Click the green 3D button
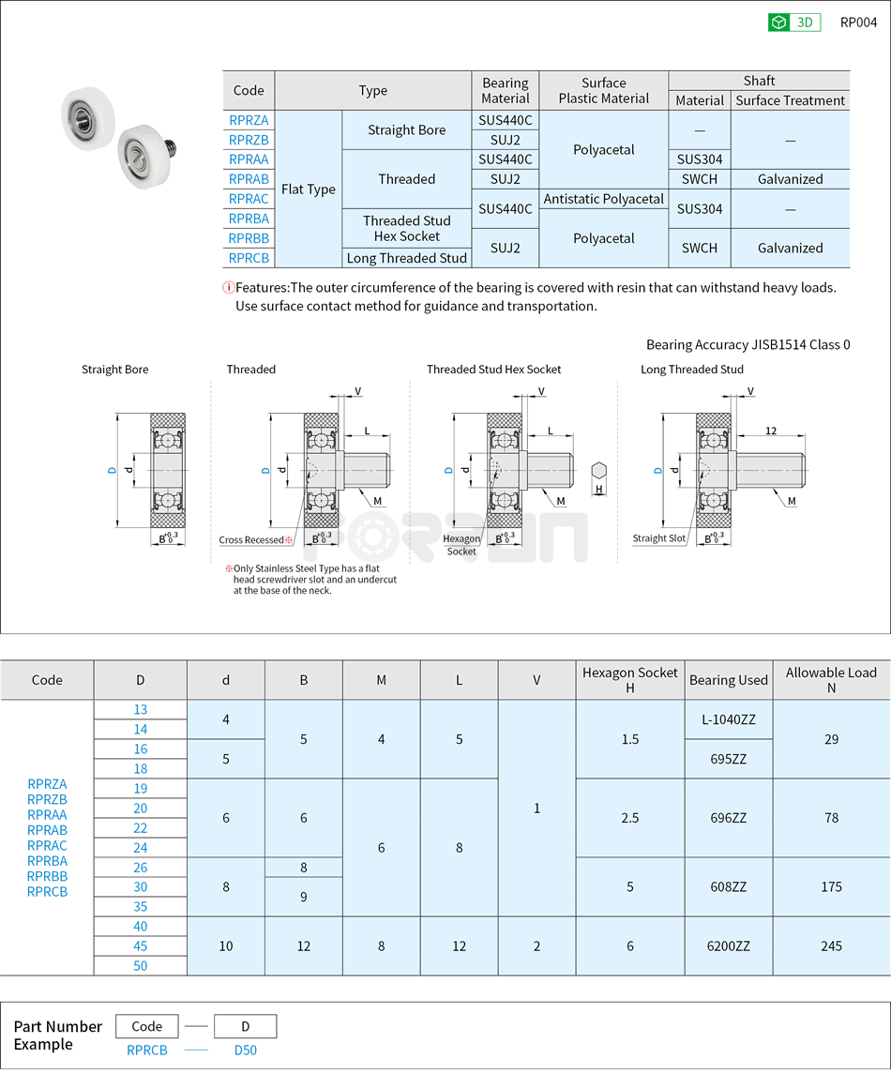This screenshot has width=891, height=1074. [793, 23]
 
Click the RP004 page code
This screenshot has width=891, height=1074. [858, 23]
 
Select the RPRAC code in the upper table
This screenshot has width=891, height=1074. [249, 199]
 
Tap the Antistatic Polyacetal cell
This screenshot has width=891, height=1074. [604, 199]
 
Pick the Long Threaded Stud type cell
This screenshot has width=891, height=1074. [407, 258]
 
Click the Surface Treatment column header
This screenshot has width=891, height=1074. [791, 100]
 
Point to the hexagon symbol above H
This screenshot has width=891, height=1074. [599, 470]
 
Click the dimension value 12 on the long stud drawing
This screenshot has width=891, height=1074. [771, 431]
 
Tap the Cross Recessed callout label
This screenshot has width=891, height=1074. [251, 539]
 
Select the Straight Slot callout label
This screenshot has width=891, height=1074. [658, 538]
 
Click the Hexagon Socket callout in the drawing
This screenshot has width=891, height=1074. [461, 545]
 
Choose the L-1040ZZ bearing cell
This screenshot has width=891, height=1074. [728, 719]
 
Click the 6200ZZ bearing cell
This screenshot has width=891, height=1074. [728, 946]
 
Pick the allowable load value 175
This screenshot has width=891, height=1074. [831, 886]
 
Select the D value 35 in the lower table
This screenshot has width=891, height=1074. [140, 906]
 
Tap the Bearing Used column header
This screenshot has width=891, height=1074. [728, 680]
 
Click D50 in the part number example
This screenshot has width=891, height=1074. [245, 1051]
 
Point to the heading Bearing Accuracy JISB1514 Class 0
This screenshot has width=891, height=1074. [748, 344]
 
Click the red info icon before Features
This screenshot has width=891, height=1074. [228, 288]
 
